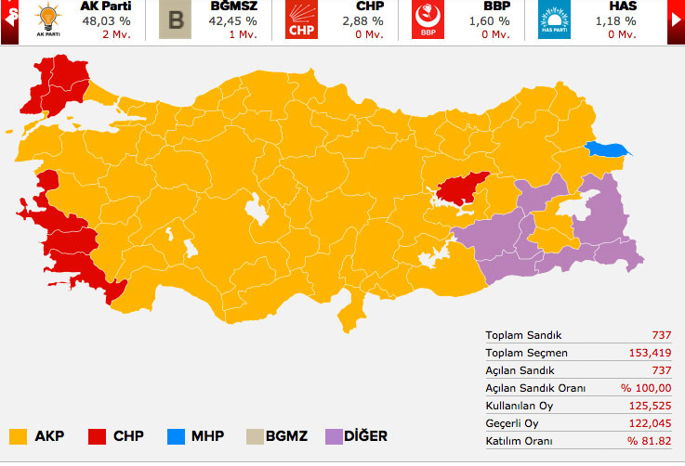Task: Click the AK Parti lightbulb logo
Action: (47, 20)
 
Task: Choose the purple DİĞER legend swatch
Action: (335, 435)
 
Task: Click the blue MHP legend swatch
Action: (176, 435)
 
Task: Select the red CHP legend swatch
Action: (96, 435)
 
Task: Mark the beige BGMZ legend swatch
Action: (254, 435)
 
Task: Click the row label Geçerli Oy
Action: (511, 422)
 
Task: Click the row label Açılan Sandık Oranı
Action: (535, 387)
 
